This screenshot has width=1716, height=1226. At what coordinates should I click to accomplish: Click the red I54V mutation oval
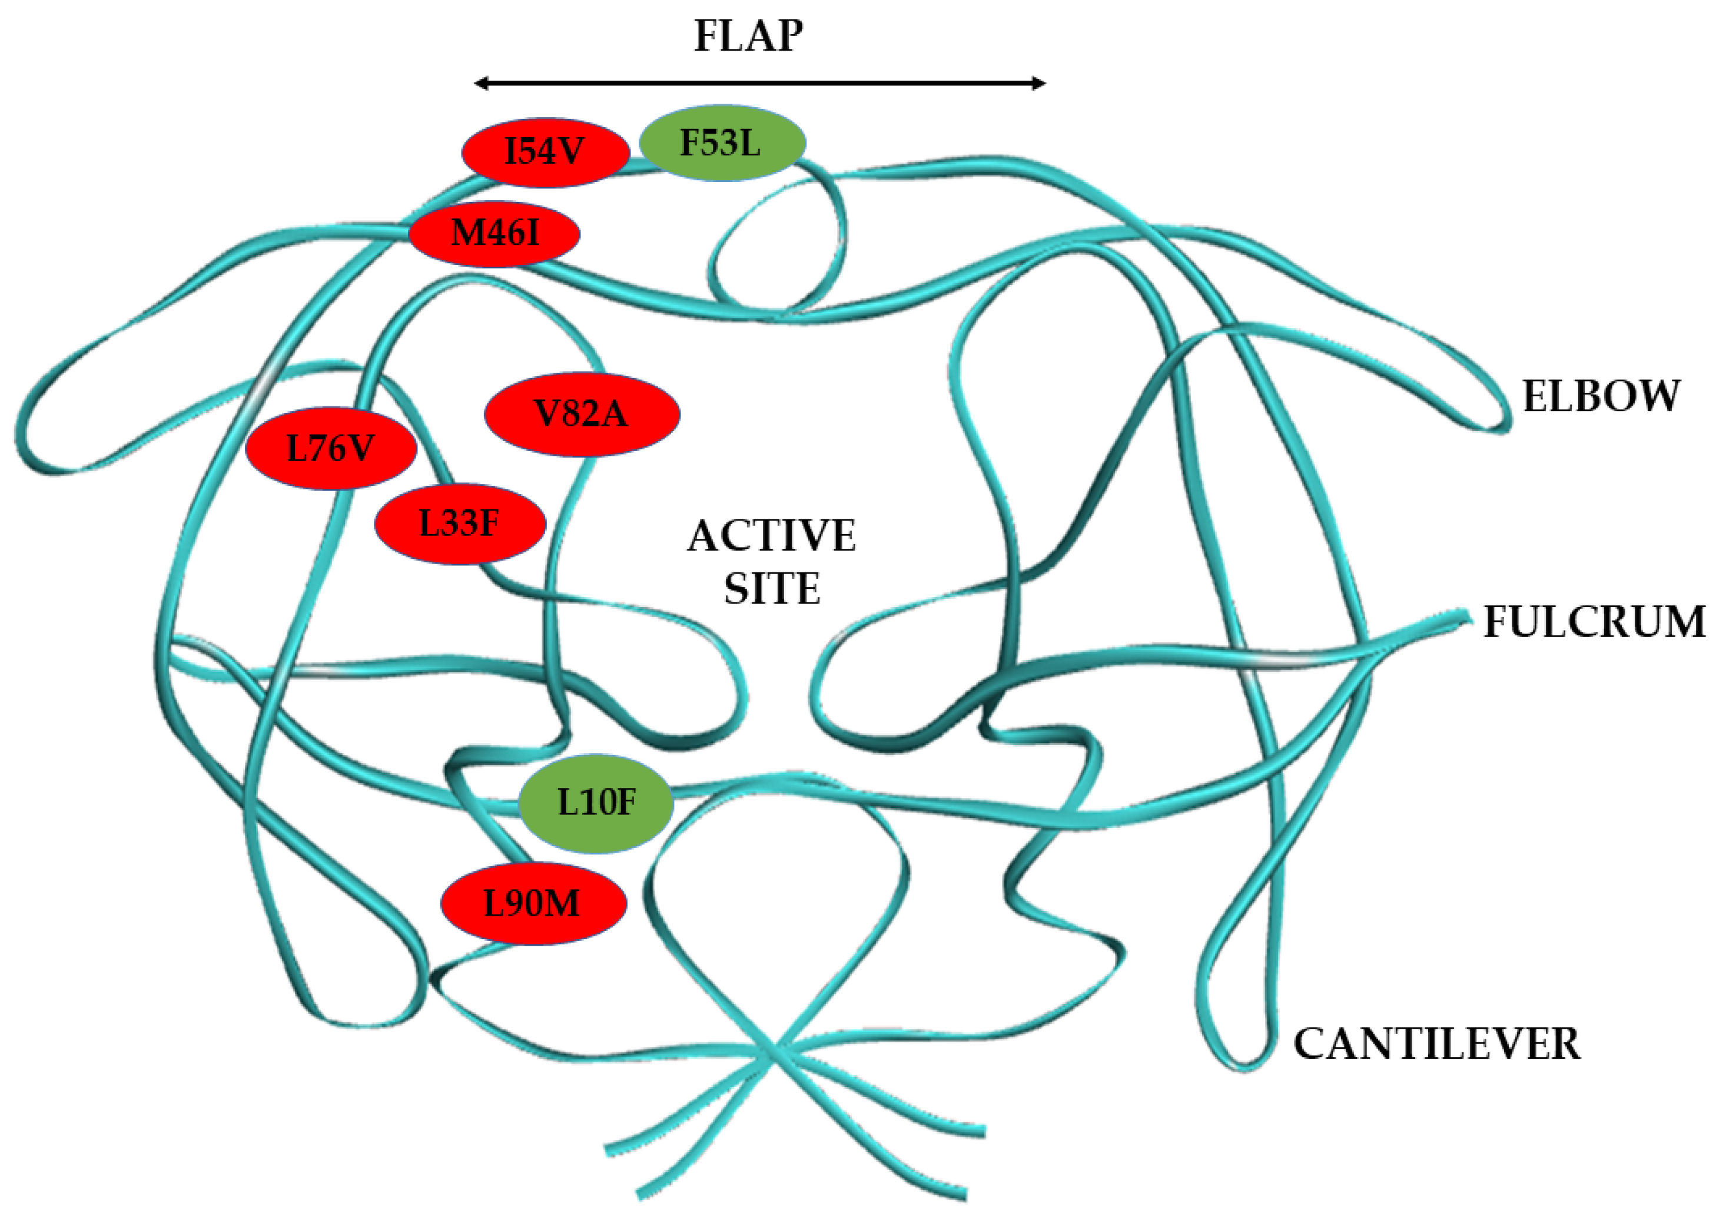[545, 152]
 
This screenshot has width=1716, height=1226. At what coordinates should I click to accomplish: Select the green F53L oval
[721, 143]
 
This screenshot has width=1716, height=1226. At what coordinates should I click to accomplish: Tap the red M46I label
[495, 233]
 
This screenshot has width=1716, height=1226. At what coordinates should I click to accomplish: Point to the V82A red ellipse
[581, 414]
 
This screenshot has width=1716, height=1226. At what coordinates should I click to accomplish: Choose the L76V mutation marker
[330, 449]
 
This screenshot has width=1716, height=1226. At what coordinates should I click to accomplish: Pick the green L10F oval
[595, 803]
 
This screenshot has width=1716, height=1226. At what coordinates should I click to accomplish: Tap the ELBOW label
[1601, 396]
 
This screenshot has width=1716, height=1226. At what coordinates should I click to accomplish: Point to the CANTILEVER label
[1436, 1044]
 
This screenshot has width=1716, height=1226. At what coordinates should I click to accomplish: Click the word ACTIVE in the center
[771, 536]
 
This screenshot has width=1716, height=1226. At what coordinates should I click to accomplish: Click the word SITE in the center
[771, 589]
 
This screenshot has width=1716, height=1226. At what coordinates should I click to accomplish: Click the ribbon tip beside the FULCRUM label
[1464, 618]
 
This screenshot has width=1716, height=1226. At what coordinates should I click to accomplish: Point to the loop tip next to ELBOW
[1502, 423]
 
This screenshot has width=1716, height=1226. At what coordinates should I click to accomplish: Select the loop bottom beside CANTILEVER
[1245, 1065]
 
